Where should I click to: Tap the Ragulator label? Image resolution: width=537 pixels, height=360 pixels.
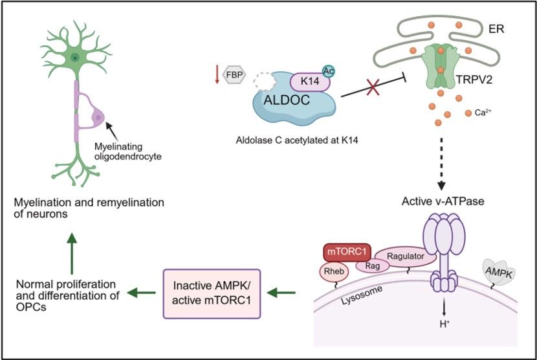point(405,257)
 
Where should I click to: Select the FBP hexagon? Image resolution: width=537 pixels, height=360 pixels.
point(233,76)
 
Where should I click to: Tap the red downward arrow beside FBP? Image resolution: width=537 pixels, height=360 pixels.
point(217,75)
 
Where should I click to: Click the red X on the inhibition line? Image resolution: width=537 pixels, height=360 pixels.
point(371,89)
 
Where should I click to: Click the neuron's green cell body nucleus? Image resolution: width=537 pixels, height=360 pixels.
point(76,58)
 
